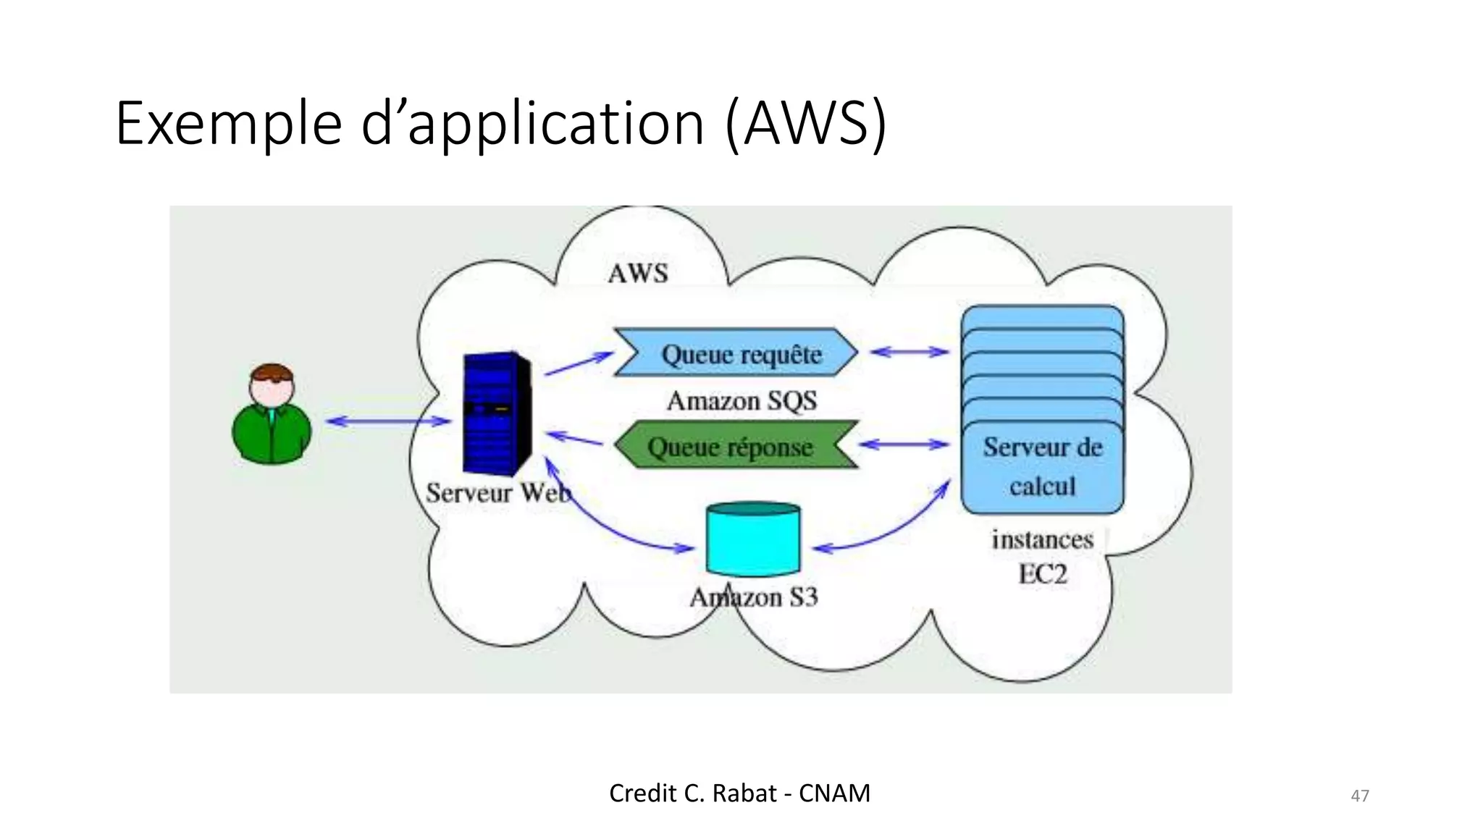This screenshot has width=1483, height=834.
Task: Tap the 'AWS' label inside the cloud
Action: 638,274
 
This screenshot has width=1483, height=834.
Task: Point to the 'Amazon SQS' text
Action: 741,400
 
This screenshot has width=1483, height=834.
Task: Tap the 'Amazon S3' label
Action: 754,598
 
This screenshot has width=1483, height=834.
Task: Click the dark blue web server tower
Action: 497,412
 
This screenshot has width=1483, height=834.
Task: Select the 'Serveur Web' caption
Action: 498,494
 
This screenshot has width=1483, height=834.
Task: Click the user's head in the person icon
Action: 272,384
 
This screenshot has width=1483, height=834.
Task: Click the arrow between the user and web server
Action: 388,421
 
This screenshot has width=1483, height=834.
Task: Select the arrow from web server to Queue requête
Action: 579,363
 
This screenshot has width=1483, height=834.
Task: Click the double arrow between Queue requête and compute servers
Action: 909,353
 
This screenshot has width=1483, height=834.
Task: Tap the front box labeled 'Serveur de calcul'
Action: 1042,467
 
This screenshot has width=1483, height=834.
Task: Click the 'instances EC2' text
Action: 1042,557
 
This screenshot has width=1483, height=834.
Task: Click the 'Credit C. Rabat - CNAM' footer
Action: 739,793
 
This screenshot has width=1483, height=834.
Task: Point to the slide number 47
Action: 1359,796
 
